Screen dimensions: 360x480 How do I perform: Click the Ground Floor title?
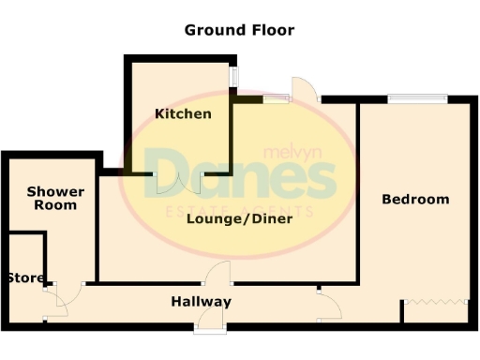click(239, 30)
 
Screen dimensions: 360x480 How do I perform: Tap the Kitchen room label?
click(183, 113)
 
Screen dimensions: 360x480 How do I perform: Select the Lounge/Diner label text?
click(239, 218)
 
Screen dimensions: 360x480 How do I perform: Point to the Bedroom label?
click(415, 199)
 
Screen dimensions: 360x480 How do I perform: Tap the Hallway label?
click(201, 302)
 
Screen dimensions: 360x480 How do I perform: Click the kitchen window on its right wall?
click(234, 77)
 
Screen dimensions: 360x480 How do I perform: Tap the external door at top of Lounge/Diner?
click(305, 90)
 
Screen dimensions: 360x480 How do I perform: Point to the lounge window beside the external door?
click(276, 97)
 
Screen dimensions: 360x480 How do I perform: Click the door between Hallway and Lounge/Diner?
click(218, 274)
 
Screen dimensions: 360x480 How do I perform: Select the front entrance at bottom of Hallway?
click(209, 326)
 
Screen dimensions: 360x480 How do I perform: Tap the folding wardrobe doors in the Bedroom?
click(435, 301)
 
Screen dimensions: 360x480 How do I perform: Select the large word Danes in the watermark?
click(244, 176)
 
